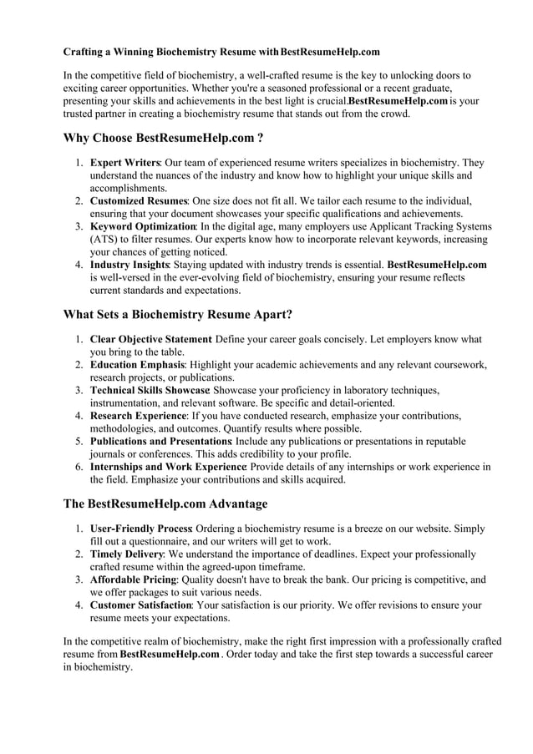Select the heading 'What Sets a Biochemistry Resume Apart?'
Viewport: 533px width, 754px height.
coord(178,315)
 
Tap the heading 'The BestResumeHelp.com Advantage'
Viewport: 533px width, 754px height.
coord(165,504)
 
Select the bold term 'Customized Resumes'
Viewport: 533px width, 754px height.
coord(139,201)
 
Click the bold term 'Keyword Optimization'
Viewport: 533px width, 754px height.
coord(143,226)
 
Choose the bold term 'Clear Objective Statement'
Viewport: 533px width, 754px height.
coord(150,340)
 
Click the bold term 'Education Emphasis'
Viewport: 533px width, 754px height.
coord(137,365)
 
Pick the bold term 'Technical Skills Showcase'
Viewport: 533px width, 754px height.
coord(150,390)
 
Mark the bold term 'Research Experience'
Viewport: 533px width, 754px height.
coord(138,416)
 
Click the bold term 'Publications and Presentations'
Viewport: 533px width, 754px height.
coord(161,441)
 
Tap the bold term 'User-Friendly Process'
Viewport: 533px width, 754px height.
coord(141,529)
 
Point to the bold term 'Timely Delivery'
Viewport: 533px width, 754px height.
coord(126,554)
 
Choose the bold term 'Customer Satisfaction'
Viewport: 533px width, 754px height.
coord(140,605)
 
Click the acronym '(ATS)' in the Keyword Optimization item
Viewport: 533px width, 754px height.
coord(105,239)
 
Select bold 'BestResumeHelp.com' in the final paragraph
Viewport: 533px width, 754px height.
coord(170,654)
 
